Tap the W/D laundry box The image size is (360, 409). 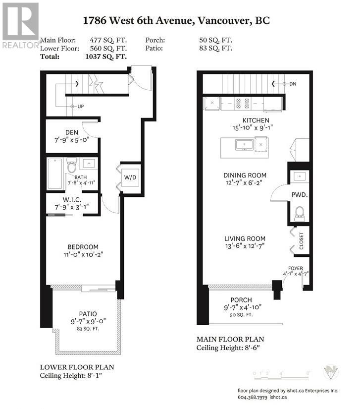click(x=130, y=176)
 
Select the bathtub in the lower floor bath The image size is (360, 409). click(x=54, y=173)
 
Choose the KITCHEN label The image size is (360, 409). click(x=256, y=120)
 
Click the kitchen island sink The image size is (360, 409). click(x=245, y=145)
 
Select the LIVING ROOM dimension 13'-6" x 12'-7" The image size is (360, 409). click(x=244, y=246)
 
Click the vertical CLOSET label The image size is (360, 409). click(x=301, y=241)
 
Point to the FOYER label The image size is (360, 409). click(x=296, y=268)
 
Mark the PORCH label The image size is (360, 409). click(x=242, y=300)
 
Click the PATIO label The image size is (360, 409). click(x=87, y=313)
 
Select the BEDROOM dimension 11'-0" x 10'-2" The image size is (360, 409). click(x=83, y=255)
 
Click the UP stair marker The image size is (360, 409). click(x=78, y=107)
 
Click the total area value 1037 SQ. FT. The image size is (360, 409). click(x=107, y=57)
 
